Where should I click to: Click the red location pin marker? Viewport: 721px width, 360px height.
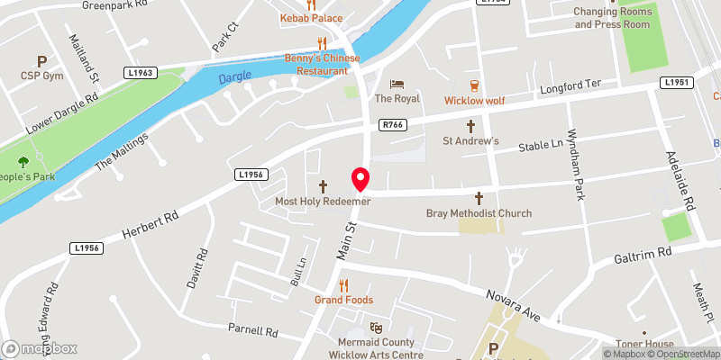pyautogui.click(x=360, y=179)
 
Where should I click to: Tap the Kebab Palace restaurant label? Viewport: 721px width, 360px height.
pyautogui.click(x=311, y=18)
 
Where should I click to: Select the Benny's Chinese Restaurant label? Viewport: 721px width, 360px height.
pyautogui.click(x=323, y=64)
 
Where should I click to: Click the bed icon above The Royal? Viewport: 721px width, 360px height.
pyautogui.click(x=397, y=83)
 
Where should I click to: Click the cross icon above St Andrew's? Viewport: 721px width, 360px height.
pyautogui.click(x=470, y=126)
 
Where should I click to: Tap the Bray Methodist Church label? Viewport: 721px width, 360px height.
pyautogui.click(x=479, y=213)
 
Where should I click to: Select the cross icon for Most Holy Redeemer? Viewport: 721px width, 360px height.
pyautogui.click(x=323, y=186)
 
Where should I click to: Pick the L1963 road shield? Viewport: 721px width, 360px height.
pyautogui.click(x=142, y=72)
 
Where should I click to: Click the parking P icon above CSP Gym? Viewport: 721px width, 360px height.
pyautogui.click(x=41, y=61)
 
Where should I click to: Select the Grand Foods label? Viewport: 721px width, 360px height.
pyautogui.click(x=343, y=300)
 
